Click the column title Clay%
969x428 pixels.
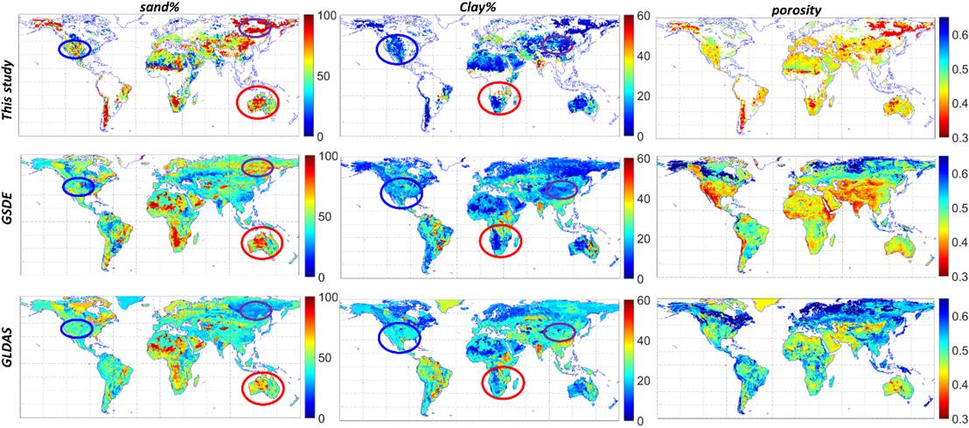[x=480, y=8]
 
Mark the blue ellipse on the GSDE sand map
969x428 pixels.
[x=78, y=186]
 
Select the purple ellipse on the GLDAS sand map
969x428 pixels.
[x=256, y=309]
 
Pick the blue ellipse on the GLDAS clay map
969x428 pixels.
[x=399, y=336]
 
